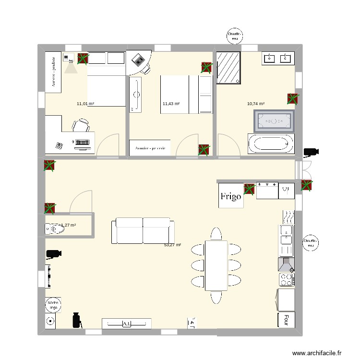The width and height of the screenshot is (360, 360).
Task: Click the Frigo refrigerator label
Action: point(230,196)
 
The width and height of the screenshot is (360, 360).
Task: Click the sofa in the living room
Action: point(142,231)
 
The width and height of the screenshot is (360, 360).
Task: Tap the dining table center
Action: point(216,265)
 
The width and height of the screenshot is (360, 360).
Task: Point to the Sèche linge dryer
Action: point(52,304)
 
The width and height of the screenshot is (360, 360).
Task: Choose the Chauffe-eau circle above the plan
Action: point(235,36)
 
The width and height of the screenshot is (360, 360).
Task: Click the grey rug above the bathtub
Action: point(273,121)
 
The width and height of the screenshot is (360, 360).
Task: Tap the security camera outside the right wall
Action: point(310,153)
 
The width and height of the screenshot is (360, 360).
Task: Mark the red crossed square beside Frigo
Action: point(249,190)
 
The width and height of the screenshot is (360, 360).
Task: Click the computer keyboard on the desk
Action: point(82,143)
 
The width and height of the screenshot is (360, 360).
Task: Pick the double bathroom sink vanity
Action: point(277,59)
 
